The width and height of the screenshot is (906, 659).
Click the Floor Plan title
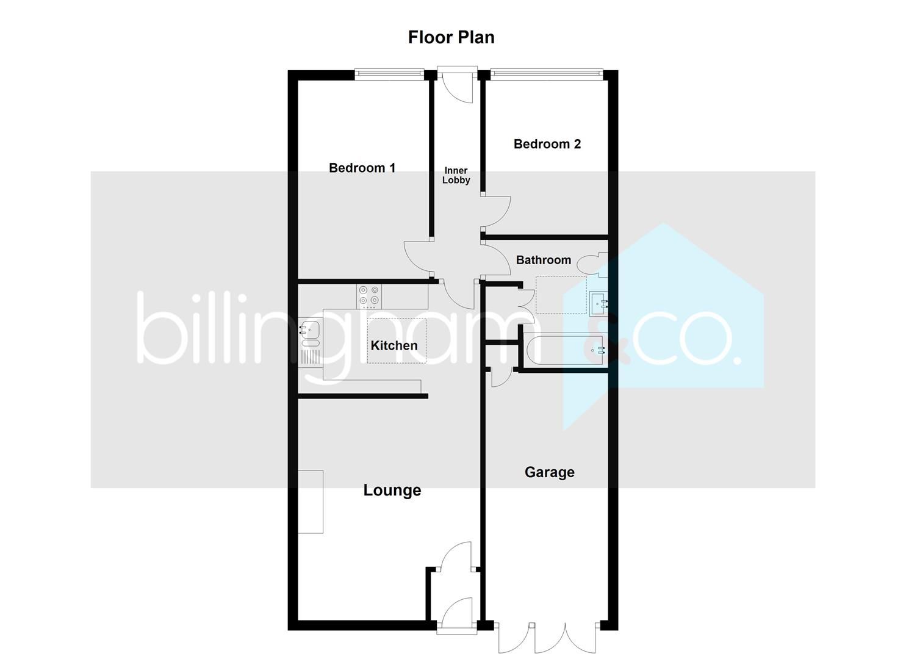pos(451,37)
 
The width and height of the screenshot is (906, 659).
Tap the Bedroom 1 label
pos(362,168)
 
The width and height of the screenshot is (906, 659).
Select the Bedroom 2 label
pos(547,144)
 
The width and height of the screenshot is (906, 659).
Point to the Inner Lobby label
pos(456,175)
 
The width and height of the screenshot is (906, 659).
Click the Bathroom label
pos(543,260)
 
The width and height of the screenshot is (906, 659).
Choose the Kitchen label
pos(394,345)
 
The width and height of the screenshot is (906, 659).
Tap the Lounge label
pos(392,490)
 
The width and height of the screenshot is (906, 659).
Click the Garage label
pos(549,472)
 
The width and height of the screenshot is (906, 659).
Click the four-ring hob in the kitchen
pos(369,295)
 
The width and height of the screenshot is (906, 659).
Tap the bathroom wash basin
pos(599,302)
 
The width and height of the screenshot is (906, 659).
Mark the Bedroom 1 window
pos(389,74)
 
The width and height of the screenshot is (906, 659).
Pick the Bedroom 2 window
pos(547,74)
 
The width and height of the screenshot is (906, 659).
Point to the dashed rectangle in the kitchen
pos(397,340)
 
